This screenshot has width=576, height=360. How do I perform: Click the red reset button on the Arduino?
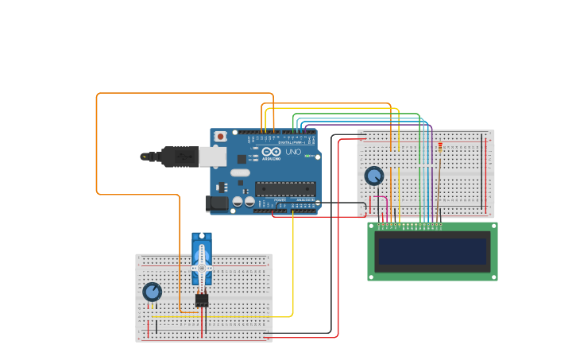pos(220,137)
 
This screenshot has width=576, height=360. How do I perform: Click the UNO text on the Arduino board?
pos(292,152)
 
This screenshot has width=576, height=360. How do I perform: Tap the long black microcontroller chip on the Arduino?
pos(284,188)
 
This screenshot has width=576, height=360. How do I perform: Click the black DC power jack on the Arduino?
pos(216,204)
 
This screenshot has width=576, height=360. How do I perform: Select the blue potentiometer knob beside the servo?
pos(152,292)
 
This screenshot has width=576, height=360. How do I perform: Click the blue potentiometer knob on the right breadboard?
pos(373,176)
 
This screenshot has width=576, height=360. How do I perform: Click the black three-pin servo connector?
pos(201,300)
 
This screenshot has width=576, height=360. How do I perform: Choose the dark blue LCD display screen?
pos(432,251)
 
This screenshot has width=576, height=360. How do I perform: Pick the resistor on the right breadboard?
pos(439,147)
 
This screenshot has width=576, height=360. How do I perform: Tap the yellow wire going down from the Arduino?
pos(293,262)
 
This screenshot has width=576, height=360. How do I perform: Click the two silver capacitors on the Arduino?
pos(255,202)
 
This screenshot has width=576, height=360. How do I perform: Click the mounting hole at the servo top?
pos(202,237)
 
